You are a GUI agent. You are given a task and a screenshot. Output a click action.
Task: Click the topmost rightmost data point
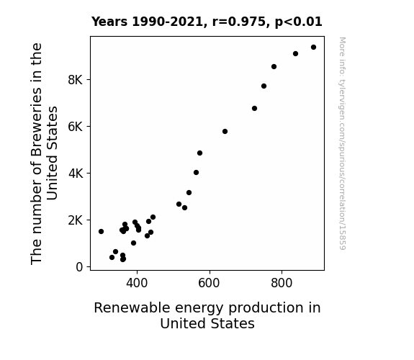click(313, 48)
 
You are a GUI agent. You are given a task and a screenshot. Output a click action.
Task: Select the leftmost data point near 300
click(101, 231)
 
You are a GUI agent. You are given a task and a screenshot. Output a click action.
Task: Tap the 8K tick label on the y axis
click(76, 80)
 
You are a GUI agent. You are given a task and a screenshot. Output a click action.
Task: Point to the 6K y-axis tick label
click(76, 127)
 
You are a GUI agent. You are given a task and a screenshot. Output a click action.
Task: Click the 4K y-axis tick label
click(76, 174)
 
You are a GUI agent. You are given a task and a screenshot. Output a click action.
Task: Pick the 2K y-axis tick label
click(76, 220)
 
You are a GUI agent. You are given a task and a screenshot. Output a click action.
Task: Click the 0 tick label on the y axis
click(79, 267)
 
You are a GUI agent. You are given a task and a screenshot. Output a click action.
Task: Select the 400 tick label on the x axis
click(137, 283)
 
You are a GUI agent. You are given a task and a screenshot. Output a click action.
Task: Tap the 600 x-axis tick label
click(209, 283)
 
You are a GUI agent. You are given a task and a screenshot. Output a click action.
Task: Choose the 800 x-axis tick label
click(282, 283)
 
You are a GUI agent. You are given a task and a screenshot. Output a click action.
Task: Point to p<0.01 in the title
click(299, 22)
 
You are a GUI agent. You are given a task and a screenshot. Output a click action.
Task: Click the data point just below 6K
click(225, 132)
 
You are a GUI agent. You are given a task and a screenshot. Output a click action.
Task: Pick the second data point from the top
click(295, 54)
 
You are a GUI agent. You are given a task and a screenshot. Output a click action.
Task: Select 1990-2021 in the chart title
click(168, 22)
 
